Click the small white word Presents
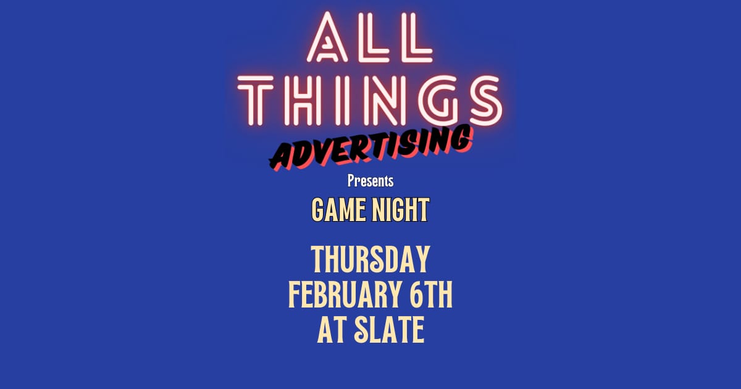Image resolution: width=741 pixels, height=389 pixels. click(371, 182)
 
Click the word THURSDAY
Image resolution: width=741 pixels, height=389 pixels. click(371, 259)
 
